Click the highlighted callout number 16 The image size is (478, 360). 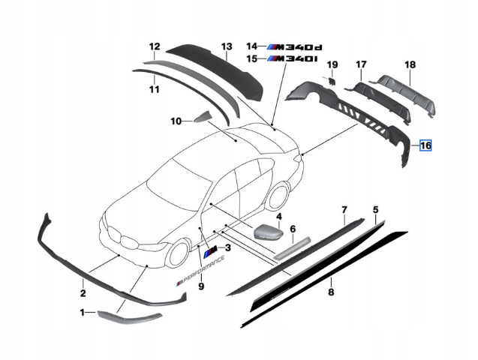[425, 145]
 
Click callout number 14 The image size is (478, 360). [251, 46]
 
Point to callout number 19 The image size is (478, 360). [332, 64]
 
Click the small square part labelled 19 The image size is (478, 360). [329, 79]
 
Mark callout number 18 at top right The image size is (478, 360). [410, 64]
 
